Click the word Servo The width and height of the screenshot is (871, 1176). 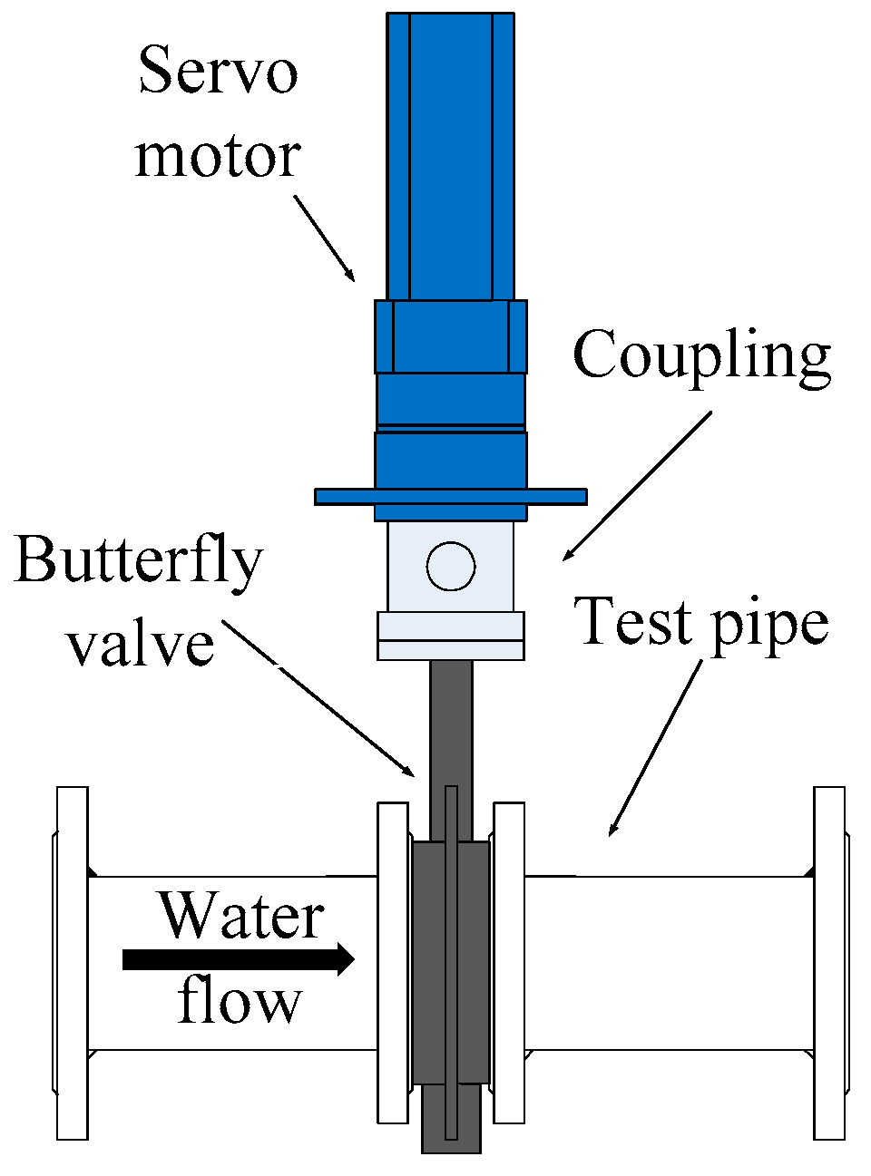[x=218, y=70]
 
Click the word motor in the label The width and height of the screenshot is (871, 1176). [x=218, y=156]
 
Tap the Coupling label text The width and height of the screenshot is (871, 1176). [x=701, y=355]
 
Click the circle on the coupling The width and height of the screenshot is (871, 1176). [x=451, y=566]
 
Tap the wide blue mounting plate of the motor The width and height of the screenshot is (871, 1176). [x=451, y=496]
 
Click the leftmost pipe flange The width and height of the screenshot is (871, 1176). [x=73, y=962]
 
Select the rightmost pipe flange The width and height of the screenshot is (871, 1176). [x=829, y=962]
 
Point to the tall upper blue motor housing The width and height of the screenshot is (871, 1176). [x=451, y=154]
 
